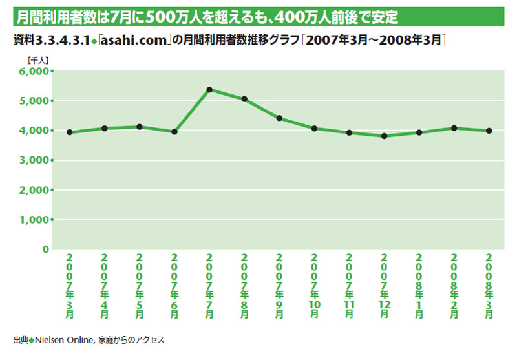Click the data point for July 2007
209,89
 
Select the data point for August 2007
244,99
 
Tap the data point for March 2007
69,132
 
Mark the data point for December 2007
384,136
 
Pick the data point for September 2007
279,118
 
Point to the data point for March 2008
489,131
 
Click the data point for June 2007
174,132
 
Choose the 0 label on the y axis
45,249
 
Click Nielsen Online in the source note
65,339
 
